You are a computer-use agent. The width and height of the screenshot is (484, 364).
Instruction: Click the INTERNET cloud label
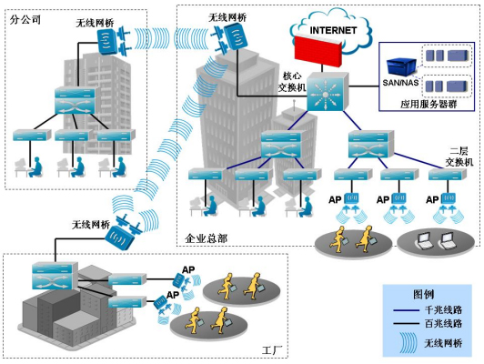point(333,30)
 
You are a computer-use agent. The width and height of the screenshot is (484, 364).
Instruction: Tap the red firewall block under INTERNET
point(318,51)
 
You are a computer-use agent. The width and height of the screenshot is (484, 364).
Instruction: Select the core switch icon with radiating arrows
point(328,92)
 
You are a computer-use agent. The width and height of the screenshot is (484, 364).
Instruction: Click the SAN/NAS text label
point(400,83)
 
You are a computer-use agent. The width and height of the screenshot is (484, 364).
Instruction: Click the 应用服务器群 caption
point(429,104)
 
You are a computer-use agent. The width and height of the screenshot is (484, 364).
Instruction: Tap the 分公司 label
point(25,20)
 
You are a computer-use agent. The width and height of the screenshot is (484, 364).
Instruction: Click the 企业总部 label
point(207,238)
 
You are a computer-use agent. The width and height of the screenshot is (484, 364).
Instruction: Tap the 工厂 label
point(272,350)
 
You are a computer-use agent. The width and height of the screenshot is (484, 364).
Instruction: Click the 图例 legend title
point(424,294)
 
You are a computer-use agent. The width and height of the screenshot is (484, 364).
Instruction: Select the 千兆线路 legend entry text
point(443,309)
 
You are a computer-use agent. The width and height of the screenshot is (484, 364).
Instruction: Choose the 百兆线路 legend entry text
point(443,324)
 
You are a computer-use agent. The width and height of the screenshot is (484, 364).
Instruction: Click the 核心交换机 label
point(292,82)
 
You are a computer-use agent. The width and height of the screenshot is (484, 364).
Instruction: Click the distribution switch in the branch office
point(75,100)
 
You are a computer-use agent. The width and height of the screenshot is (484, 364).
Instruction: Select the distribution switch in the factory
point(55,276)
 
